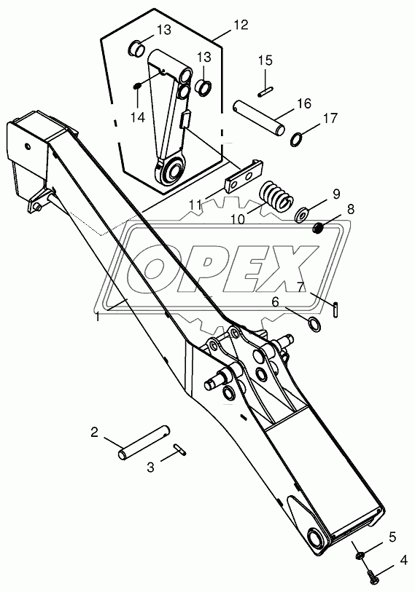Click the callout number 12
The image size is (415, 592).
click(241, 25)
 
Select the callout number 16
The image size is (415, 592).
click(303, 103)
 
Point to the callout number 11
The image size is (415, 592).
click(195, 206)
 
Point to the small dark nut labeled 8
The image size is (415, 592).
click(319, 228)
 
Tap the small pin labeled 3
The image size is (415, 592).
click(179, 449)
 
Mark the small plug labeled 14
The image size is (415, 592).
click(136, 87)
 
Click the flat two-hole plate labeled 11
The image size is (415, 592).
click(244, 177)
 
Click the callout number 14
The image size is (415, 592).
click(138, 118)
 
